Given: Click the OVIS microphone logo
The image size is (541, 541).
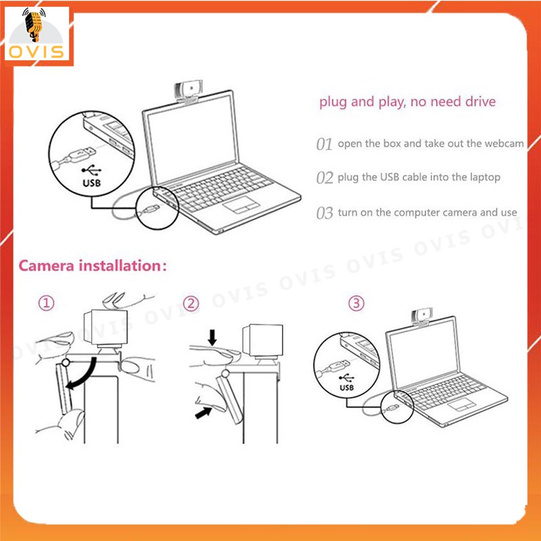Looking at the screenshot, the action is click(x=37, y=34).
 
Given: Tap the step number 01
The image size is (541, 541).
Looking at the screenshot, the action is click(x=324, y=144).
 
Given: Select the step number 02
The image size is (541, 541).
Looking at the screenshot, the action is click(x=325, y=178).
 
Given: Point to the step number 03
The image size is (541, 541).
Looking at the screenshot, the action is click(x=325, y=213).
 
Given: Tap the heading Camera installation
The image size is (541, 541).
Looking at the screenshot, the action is click(x=93, y=266).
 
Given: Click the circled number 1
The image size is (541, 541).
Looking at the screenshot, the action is click(x=46, y=303).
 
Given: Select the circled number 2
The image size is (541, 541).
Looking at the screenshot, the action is click(x=191, y=304).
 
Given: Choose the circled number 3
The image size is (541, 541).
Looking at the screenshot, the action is click(x=356, y=304).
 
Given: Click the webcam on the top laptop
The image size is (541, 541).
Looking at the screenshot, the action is click(x=187, y=93).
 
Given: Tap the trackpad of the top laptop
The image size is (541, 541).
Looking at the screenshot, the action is click(x=241, y=205).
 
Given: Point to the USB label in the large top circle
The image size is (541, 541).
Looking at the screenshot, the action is click(x=91, y=183).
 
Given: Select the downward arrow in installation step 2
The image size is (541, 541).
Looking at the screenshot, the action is click(x=212, y=337).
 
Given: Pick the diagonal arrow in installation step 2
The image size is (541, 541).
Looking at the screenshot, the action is click(x=204, y=413).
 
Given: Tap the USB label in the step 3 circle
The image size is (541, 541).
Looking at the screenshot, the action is click(x=346, y=387).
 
